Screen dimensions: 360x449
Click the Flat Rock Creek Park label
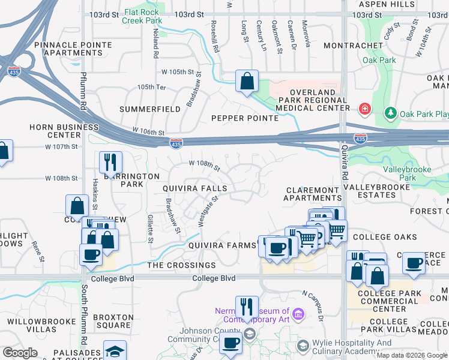point(142,16)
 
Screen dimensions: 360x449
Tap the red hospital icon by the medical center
point(364,109)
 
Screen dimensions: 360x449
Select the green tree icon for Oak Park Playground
point(391,113)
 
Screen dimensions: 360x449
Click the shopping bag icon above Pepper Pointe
point(247,81)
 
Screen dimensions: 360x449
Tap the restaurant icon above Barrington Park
point(110,162)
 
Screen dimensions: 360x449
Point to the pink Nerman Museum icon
point(299,313)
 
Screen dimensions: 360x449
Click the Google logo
point(20,353)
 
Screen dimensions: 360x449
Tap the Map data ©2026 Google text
point(411,355)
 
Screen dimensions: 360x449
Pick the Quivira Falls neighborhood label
point(195,188)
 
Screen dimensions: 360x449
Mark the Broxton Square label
point(113,321)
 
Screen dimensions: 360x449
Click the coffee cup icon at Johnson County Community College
point(231,344)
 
